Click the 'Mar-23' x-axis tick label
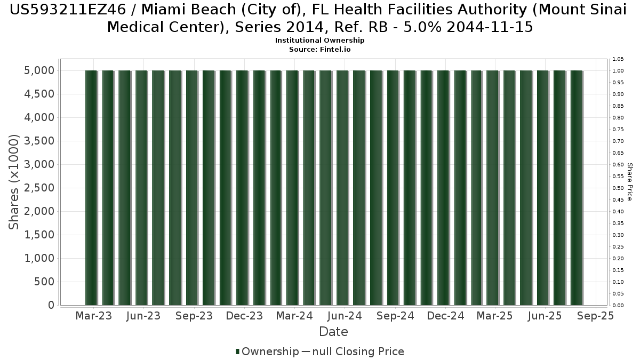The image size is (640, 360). click(93, 316)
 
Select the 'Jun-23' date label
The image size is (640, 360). click(143, 316)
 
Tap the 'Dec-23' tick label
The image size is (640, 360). click(244, 316)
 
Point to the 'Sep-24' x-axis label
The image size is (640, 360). click(395, 316)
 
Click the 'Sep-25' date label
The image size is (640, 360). click(596, 316)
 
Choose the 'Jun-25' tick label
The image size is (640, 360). click(545, 316)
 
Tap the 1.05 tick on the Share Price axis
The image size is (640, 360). click(618, 59)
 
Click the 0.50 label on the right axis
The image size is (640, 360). click(618, 188)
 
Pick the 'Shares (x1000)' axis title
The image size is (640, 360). click(14, 182)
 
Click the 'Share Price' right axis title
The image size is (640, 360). click(630, 182)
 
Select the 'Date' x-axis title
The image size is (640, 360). click(333, 332)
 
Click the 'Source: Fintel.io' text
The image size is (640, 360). click(319, 49)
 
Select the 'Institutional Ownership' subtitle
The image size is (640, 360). click(319, 41)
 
